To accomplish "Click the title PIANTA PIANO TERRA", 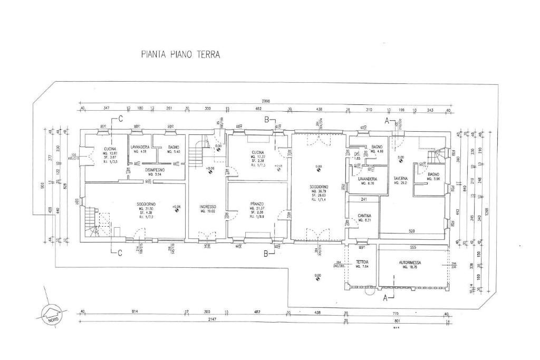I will (x=181, y=54).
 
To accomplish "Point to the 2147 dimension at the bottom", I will (x=212, y=319).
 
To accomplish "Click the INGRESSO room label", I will (x=208, y=206).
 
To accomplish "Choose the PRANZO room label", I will (x=257, y=203).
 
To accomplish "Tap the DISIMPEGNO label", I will (x=156, y=170).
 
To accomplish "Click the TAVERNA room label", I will (x=401, y=178).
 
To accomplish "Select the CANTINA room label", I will (x=364, y=216).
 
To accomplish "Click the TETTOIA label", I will (x=362, y=262).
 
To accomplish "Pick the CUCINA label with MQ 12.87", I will (x=110, y=149).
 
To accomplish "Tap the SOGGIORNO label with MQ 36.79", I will (x=319, y=187).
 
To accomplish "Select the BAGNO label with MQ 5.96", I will (x=433, y=174).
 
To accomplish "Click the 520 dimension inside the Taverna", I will (x=411, y=231).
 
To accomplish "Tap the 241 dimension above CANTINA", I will (x=363, y=199).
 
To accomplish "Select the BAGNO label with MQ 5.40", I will (x=173, y=147).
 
